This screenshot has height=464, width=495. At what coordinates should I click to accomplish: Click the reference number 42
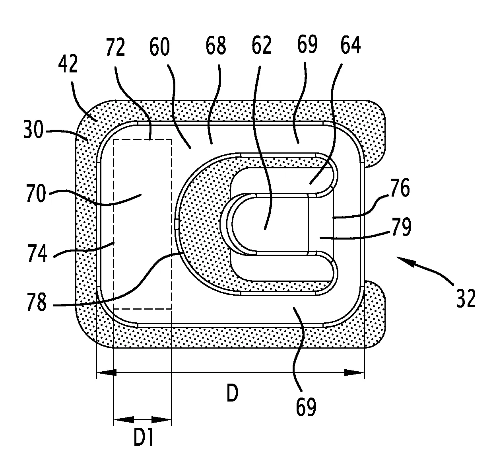pyautogui.click(x=68, y=64)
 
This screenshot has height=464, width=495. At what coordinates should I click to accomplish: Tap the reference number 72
pyautogui.click(x=115, y=47)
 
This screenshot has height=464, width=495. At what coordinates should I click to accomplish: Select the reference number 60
pyautogui.click(x=159, y=47)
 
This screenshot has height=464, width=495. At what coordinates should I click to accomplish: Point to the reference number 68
pyautogui.click(x=216, y=45)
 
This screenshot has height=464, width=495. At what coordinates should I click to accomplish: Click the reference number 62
pyautogui.click(x=261, y=45)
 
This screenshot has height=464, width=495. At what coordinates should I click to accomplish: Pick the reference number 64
pyautogui.click(x=351, y=45)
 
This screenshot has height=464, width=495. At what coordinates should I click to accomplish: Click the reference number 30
pyautogui.click(x=33, y=129)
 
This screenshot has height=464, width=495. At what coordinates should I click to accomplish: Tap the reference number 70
pyautogui.click(x=36, y=193)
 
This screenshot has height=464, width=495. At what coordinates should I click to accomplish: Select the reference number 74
pyautogui.click(x=37, y=253)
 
